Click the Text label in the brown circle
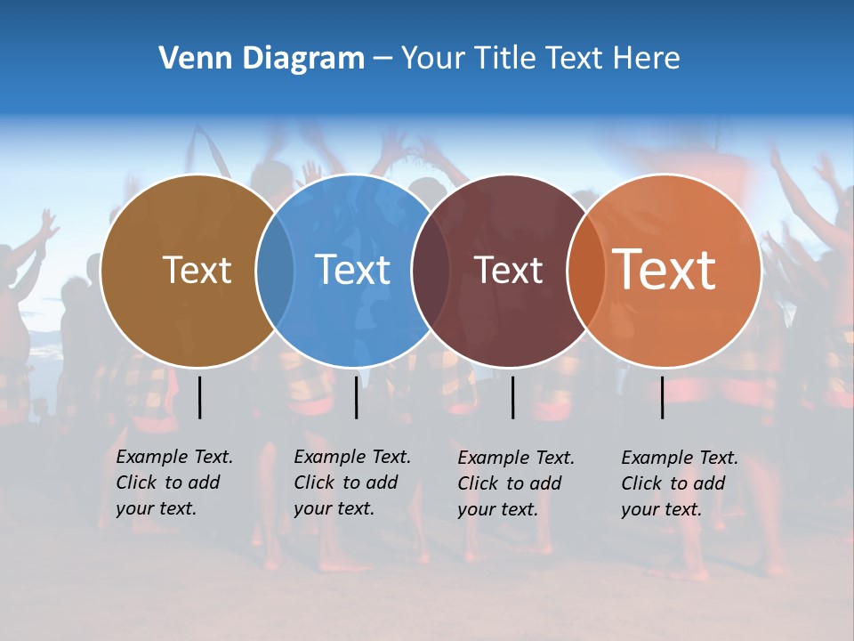click(x=197, y=270)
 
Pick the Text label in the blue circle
click(x=352, y=270)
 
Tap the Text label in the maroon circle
click(x=508, y=270)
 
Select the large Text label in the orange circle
click(x=664, y=270)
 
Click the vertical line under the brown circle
click(x=200, y=397)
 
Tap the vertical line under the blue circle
click(x=356, y=397)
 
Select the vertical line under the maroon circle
click(x=512, y=397)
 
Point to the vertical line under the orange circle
click(x=663, y=397)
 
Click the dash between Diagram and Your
click(x=383, y=59)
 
